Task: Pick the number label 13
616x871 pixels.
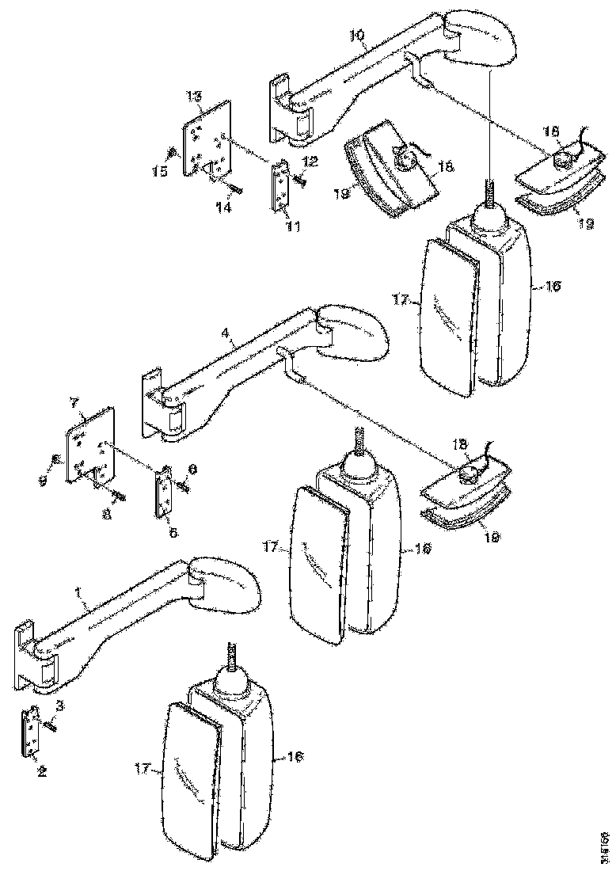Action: point(193,96)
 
